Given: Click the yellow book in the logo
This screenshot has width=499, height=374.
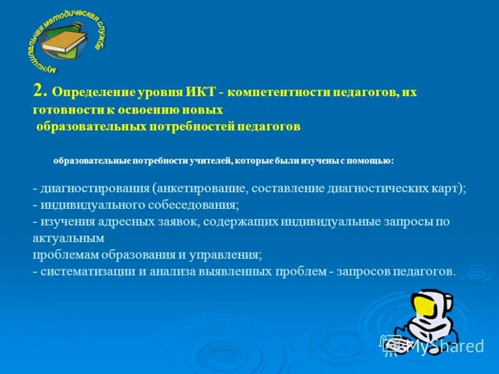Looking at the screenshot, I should (x=63, y=41).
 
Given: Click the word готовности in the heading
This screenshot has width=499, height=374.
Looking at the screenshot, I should (x=64, y=109).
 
